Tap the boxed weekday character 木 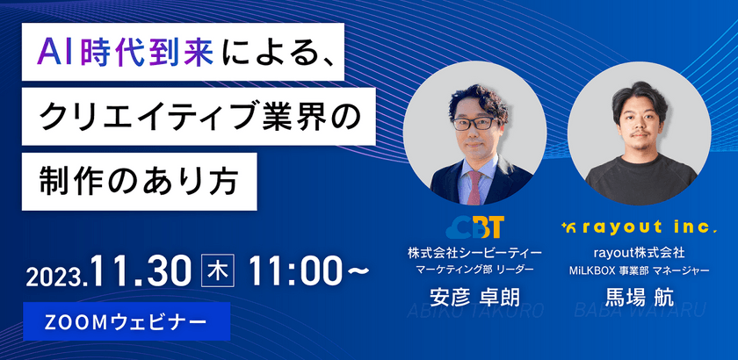tap(213, 271)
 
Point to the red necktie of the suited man tap(475, 180)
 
